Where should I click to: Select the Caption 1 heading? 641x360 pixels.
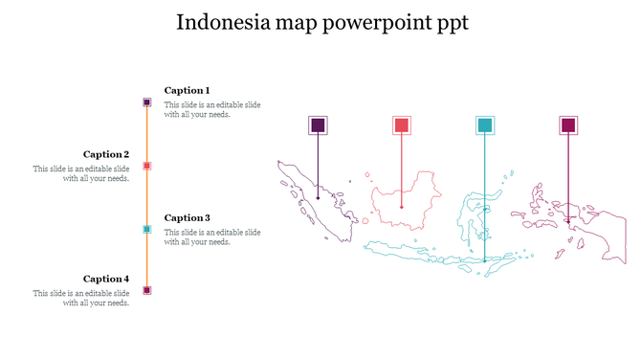[x=187, y=90]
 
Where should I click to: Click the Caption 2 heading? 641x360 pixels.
[x=106, y=154]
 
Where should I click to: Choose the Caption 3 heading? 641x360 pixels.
[x=187, y=217]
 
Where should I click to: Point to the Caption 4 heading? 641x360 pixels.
[x=106, y=280]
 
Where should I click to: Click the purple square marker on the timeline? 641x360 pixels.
[x=146, y=101]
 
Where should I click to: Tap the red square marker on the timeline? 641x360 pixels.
[x=146, y=166]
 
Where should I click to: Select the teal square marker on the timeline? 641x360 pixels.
[x=146, y=229]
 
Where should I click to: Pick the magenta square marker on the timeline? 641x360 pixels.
[x=146, y=290]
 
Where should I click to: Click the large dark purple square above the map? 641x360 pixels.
[x=318, y=125]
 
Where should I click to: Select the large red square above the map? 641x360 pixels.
[x=402, y=125]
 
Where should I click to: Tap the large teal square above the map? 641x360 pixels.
[x=485, y=125]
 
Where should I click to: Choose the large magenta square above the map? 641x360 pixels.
[x=569, y=125]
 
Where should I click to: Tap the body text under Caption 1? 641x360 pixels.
[x=211, y=109]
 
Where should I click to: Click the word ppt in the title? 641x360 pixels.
[x=451, y=23]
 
